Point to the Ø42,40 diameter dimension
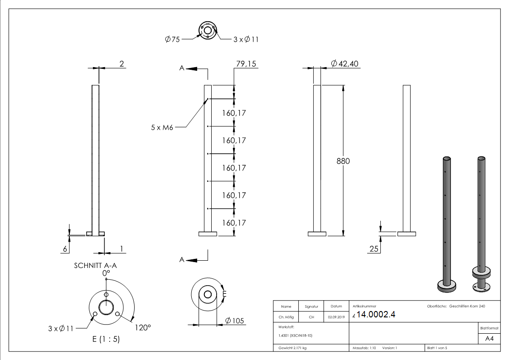click(x=345, y=64)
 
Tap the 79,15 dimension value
click(x=246, y=64)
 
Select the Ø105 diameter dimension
click(x=235, y=321)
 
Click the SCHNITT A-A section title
click(x=95, y=266)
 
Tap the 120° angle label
click(x=141, y=327)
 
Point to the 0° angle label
click(x=106, y=273)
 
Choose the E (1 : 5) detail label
click(x=106, y=339)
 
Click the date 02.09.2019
click(x=336, y=317)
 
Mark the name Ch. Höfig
click(x=286, y=317)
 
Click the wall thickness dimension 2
click(x=121, y=64)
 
